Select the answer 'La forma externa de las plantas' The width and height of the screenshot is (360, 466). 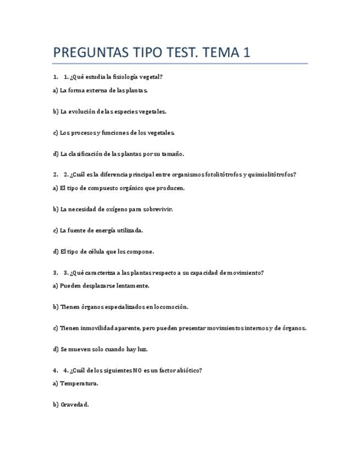click(101, 90)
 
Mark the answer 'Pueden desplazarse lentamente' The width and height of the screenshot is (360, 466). click(101, 286)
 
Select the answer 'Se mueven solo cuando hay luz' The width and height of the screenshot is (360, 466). click(100, 349)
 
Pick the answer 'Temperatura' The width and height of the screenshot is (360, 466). click(75, 384)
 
